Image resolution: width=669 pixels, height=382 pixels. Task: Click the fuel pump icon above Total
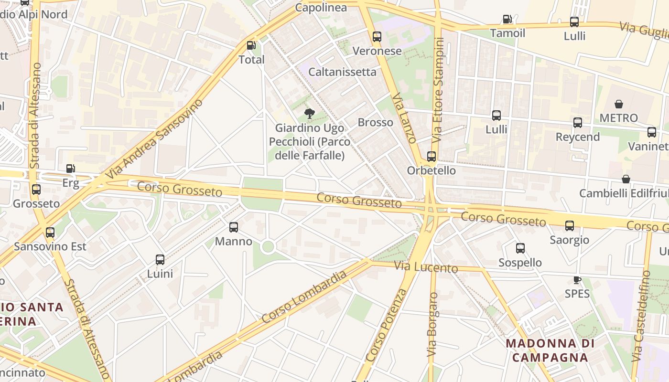point(251,46)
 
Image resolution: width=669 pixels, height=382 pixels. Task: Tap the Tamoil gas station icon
point(507,20)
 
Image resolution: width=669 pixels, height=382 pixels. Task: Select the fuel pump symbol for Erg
point(70,169)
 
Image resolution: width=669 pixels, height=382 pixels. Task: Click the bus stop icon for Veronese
point(377,37)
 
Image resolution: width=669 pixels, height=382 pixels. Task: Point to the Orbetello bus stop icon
point(432,157)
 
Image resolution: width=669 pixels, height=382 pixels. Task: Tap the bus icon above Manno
point(234,227)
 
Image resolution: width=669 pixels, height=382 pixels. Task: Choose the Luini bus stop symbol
point(160,260)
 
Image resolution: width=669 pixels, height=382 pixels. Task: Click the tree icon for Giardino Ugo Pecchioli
point(310,114)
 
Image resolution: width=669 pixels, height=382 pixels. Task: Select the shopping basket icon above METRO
point(619,104)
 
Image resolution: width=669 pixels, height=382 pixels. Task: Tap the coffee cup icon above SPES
point(577,280)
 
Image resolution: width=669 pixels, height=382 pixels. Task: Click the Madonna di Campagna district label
point(550,350)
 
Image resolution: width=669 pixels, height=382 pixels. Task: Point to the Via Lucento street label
point(426,267)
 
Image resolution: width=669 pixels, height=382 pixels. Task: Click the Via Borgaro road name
point(432,325)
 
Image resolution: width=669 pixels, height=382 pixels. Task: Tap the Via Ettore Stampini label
point(439,89)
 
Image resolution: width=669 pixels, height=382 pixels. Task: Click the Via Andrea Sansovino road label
point(154,139)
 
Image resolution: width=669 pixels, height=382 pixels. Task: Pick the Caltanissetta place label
point(342,72)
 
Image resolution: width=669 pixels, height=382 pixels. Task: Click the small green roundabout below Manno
point(268,247)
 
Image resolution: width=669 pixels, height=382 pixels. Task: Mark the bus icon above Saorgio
point(569,226)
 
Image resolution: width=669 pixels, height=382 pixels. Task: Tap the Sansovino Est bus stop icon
point(50,233)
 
